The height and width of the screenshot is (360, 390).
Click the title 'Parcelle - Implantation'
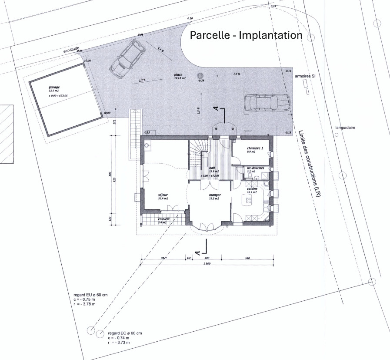click(x=246, y=35)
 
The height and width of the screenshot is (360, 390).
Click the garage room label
click(x=54, y=87)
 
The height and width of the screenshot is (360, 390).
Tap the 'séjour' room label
click(x=163, y=195)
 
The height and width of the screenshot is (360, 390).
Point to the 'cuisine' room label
click(x=252, y=189)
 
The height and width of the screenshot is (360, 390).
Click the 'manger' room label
click(x=214, y=195)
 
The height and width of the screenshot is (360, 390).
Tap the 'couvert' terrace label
click(x=164, y=219)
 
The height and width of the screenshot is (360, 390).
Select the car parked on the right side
click(x=267, y=104)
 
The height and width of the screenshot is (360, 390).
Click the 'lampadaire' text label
click(x=345, y=128)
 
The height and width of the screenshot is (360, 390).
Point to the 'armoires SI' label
click(x=308, y=76)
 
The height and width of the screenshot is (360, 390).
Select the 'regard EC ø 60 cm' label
click(x=125, y=333)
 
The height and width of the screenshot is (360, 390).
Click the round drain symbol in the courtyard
click(x=200, y=75)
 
